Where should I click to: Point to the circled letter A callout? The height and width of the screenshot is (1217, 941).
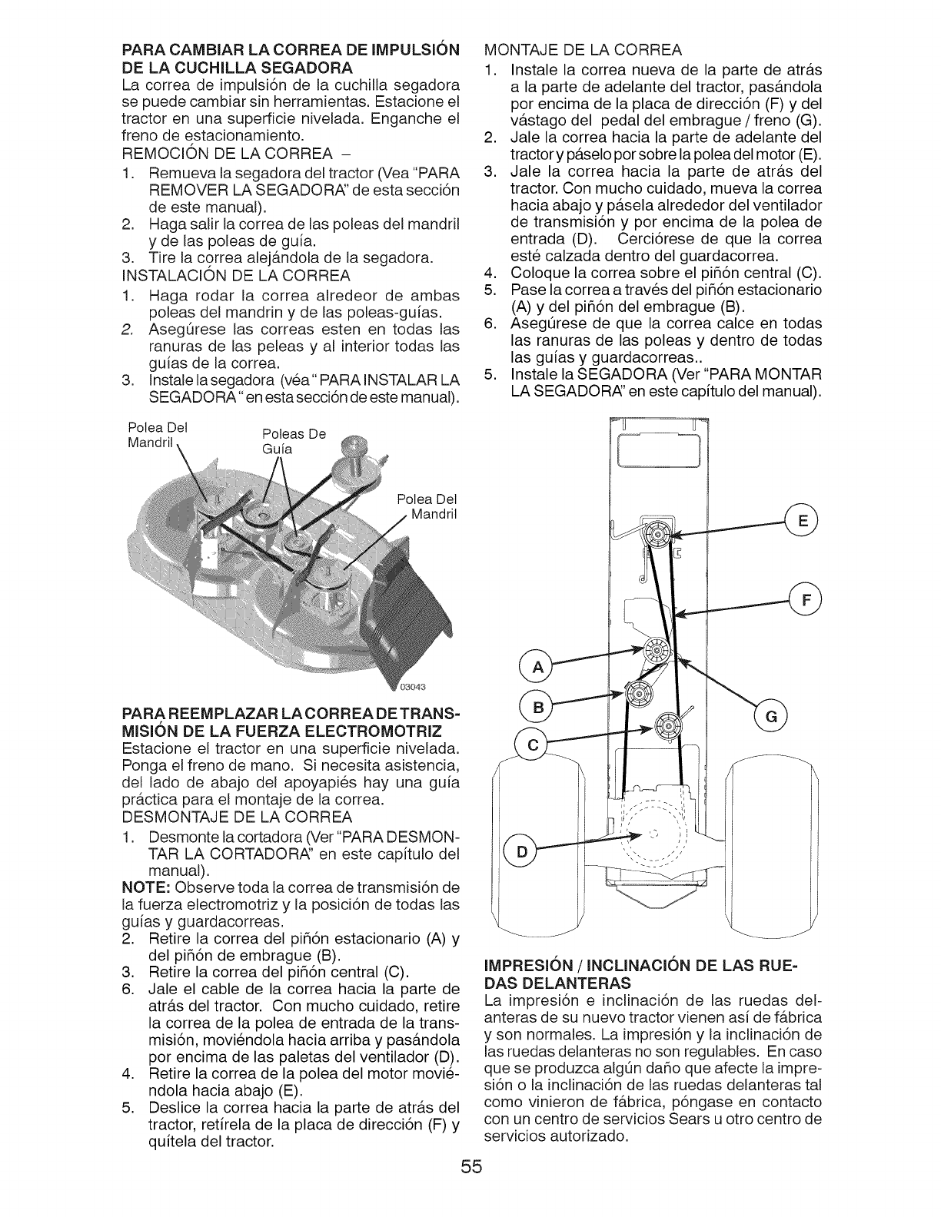tap(536, 665)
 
